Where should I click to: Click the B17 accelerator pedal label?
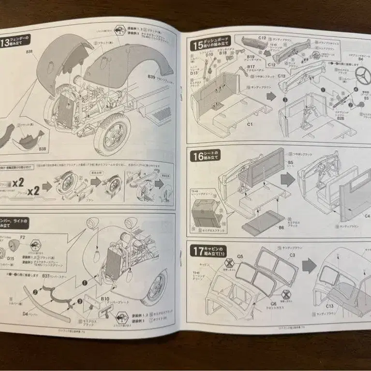coord(251,67)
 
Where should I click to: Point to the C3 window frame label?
coord(292,254)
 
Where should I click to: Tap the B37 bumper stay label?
coord(47,276)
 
